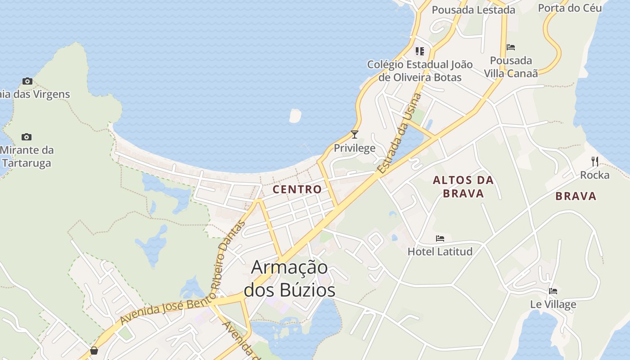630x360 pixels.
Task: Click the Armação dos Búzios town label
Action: pos(289,279)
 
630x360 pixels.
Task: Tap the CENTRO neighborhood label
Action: pos(297,189)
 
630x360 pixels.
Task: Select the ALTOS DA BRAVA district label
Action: pos(463,187)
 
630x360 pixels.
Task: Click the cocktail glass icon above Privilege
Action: pos(355,134)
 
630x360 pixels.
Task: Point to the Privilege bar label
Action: pos(355,148)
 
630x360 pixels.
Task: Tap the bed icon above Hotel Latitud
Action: pos(440,238)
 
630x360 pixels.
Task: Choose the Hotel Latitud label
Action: pos(440,252)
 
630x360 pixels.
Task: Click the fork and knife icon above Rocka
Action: pos(595,161)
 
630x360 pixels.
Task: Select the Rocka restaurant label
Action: pos(594,175)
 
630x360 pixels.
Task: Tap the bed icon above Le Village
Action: pos(553,291)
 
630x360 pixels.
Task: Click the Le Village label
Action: pos(553,305)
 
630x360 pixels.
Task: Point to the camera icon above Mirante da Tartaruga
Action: pos(27,137)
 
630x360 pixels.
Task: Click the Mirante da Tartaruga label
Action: pos(27,157)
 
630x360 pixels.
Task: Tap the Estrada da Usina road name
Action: pos(400,134)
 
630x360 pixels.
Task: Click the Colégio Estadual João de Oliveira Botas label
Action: pos(420,71)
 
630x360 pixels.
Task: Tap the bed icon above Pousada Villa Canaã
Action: pos(511,47)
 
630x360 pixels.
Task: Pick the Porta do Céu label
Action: pos(570,8)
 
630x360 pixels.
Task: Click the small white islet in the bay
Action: pos(295,116)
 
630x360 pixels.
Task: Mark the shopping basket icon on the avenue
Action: pos(94,351)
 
